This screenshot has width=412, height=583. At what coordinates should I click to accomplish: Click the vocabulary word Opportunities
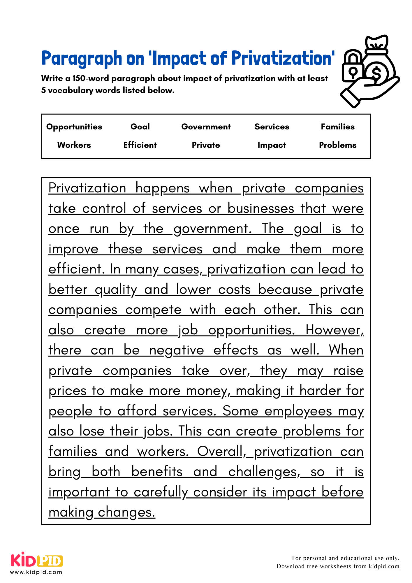click(x=74, y=127)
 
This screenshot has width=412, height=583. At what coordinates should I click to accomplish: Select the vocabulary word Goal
click(x=140, y=127)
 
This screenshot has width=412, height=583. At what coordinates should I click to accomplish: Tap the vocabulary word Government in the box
click(x=206, y=127)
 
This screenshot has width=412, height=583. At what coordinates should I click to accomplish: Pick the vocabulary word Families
click(x=337, y=127)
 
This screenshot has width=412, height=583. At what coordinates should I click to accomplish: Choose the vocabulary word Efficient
click(x=140, y=145)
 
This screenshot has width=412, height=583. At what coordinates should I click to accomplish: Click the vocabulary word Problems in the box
click(x=337, y=145)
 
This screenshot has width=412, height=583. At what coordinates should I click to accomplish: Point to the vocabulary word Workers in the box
click(x=74, y=145)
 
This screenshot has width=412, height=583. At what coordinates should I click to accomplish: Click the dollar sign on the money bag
click(x=376, y=73)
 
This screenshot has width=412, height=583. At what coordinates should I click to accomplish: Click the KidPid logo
click(x=37, y=560)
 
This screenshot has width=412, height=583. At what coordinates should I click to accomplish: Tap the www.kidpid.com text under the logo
click(x=36, y=572)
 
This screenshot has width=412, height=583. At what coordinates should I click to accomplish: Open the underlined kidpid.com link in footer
click(x=384, y=566)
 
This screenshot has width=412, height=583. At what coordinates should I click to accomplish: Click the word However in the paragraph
click(x=334, y=330)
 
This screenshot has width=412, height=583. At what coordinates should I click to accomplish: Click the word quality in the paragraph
click(x=116, y=290)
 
